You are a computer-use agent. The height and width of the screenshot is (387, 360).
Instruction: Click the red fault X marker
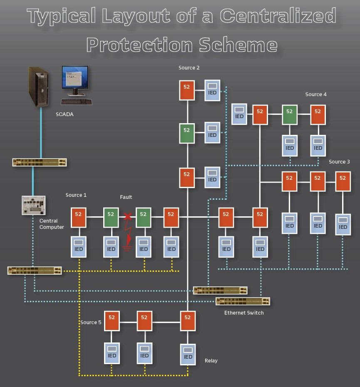[128, 216]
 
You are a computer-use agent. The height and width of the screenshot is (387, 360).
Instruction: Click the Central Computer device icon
[33, 205]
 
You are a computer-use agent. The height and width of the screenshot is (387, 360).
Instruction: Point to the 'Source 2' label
[189, 68]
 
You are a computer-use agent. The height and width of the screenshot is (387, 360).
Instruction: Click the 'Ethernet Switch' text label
[244, 313]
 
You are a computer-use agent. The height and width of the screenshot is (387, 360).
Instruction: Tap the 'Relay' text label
[211, 360]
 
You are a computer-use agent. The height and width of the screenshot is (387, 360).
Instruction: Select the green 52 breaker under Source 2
[187, 133]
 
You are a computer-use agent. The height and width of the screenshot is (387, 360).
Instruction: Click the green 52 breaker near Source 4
[289, 114]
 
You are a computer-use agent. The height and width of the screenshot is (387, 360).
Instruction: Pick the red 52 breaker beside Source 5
[112, 320]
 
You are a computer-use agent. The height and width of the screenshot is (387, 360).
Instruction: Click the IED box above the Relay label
[188, 354]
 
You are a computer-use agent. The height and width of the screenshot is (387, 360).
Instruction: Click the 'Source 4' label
[316, 94]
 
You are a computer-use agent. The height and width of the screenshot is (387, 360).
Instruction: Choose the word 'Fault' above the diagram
[126, 197]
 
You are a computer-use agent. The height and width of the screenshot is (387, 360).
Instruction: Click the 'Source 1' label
[76, 195]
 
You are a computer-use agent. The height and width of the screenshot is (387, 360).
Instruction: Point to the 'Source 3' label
[339, 161]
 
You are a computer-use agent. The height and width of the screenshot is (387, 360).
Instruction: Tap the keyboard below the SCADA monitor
[77, 101]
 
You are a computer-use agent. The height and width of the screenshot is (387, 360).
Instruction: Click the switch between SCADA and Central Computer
[40, 162]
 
